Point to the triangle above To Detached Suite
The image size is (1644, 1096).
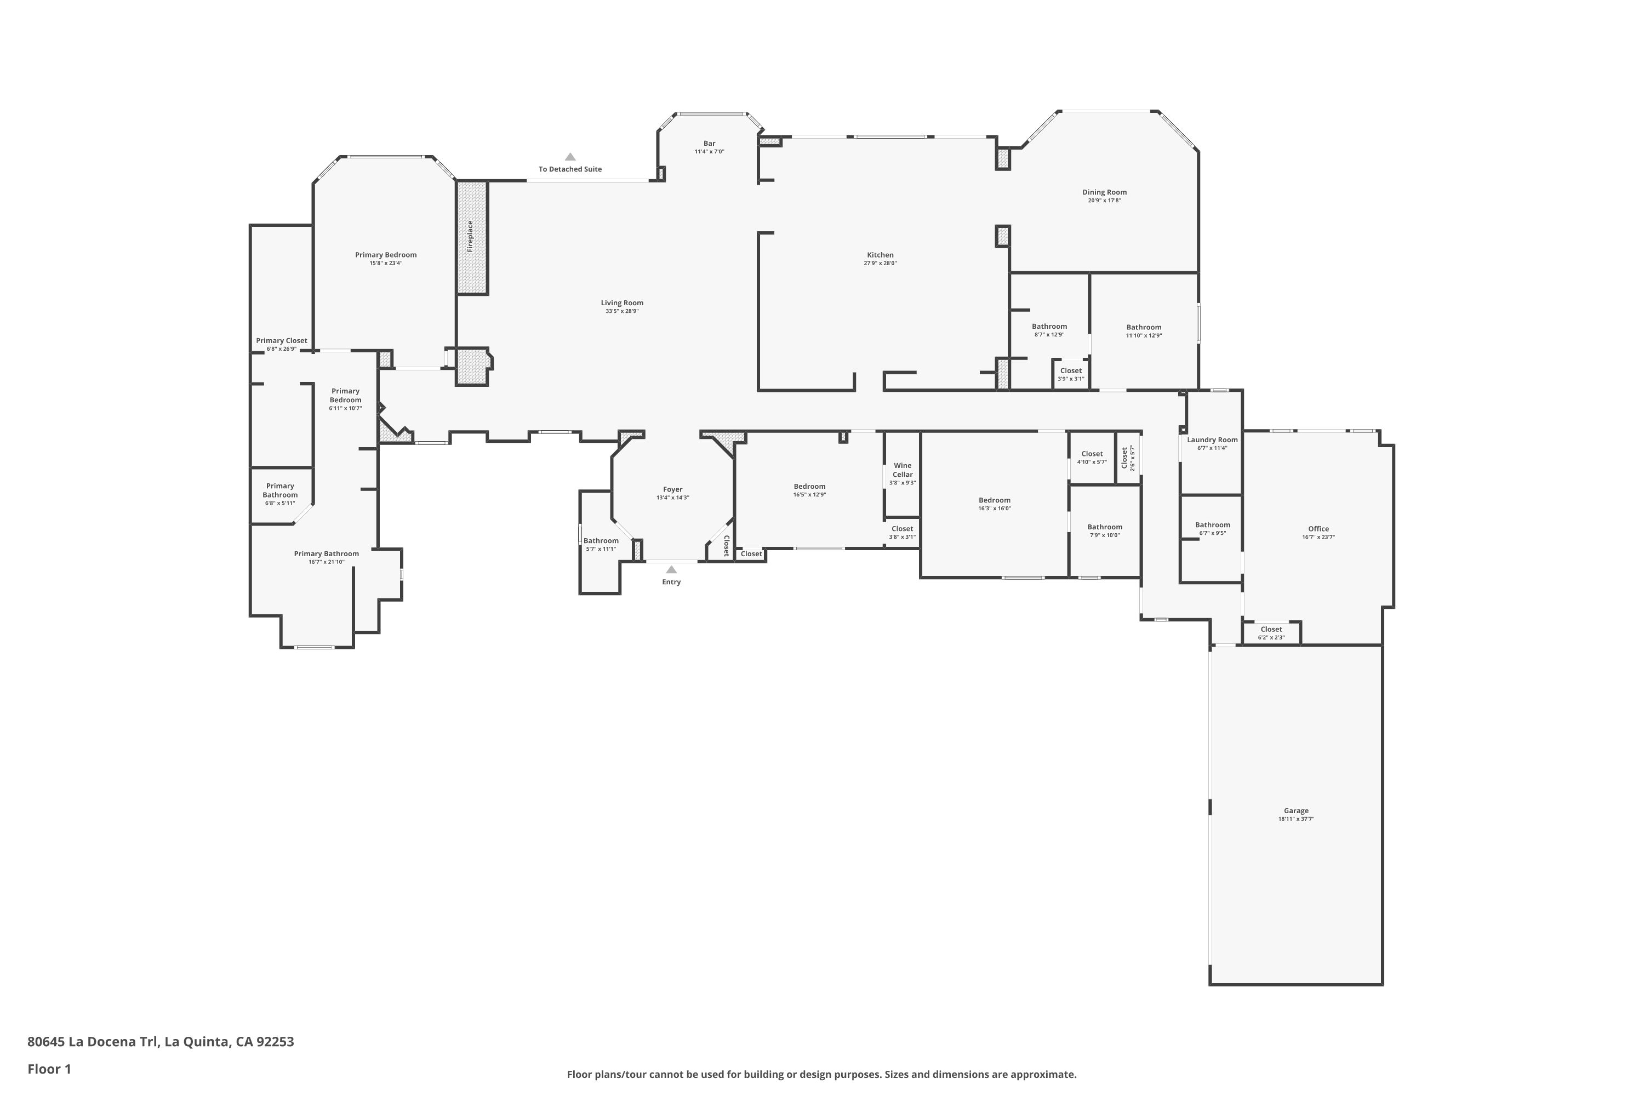(570, 157)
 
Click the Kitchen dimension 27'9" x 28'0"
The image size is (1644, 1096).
(880, 264)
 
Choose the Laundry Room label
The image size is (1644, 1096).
(1212, 439)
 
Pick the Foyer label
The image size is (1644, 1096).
(672, 489)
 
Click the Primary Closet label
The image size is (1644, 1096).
(281, 340)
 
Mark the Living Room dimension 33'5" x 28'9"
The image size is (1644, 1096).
(621, 311)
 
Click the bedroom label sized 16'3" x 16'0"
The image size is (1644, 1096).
(994, 500)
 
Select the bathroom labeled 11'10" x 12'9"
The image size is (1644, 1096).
(1144, 327)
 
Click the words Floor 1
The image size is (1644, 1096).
(49, 1069)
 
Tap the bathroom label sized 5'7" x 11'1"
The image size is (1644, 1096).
(601, 540)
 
